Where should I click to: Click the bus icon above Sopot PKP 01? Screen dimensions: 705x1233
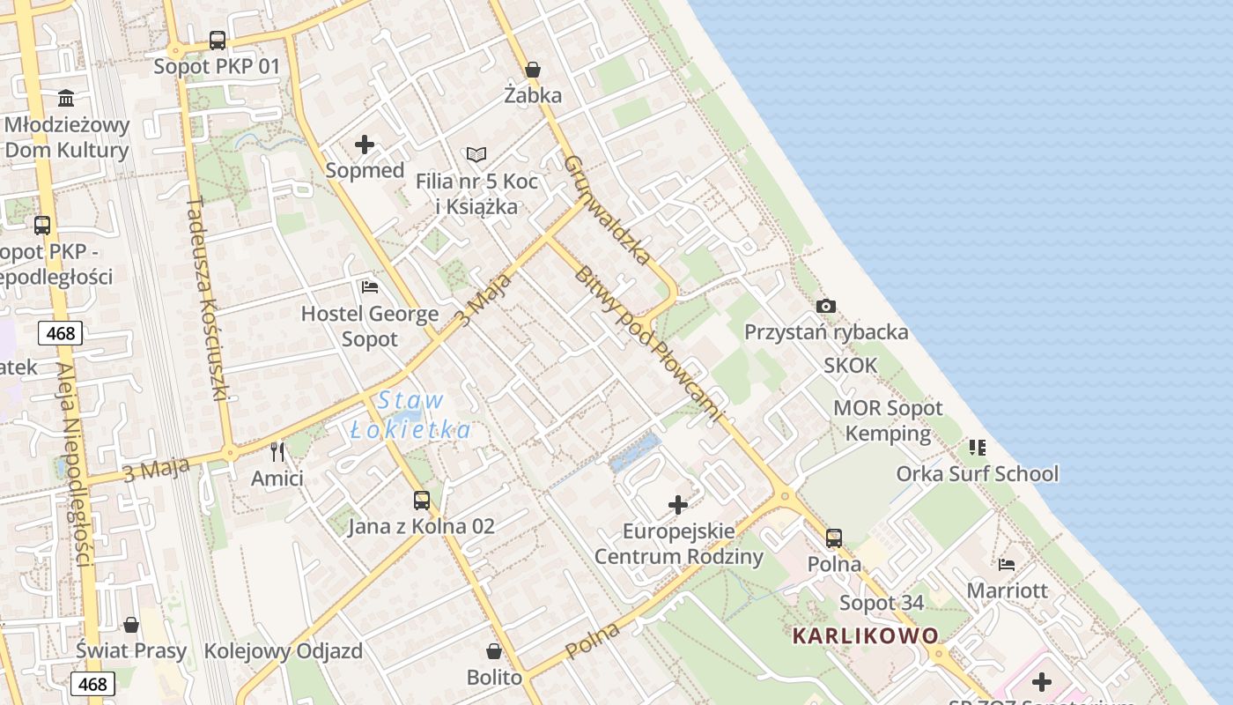click(217, 40)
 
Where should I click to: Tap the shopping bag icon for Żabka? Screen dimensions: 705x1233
click(532, 70)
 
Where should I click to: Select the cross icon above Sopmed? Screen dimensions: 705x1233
click(365, 145)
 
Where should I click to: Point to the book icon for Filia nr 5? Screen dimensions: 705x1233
click(476, 155)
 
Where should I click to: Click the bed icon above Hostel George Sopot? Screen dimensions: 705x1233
click(370, 287)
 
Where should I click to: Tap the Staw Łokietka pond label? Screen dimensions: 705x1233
click(410, 415)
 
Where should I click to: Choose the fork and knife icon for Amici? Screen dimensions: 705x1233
click(277, 452)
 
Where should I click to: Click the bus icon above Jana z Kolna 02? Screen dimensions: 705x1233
click(422, 501)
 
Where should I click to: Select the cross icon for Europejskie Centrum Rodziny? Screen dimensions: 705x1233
click(678, 505)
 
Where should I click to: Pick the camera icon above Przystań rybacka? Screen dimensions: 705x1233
click(825, 306)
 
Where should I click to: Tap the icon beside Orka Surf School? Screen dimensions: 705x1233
click(978, 448)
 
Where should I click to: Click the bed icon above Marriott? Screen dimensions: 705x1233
click(1007, 564)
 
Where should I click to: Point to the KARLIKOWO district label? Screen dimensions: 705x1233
click(865, 635)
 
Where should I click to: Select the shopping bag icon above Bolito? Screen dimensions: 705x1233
click(494, 651)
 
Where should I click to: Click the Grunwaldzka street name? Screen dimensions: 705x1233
click(607, 211)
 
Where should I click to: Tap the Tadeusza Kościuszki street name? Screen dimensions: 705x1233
click(207, 300)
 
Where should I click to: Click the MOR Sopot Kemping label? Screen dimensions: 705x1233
click(887, 420)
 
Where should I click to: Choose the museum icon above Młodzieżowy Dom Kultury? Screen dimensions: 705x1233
click(66, 97)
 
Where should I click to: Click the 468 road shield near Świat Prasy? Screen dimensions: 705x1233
click(92, 684)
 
